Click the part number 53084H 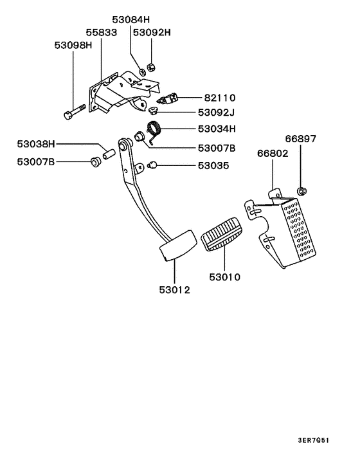[131, 20]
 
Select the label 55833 [102, 32]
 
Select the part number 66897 [300, 139]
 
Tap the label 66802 [273, 154]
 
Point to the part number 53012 [175, 290]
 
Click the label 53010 [224, 278]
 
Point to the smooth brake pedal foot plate [175, 248]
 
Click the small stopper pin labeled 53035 [152, 166]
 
